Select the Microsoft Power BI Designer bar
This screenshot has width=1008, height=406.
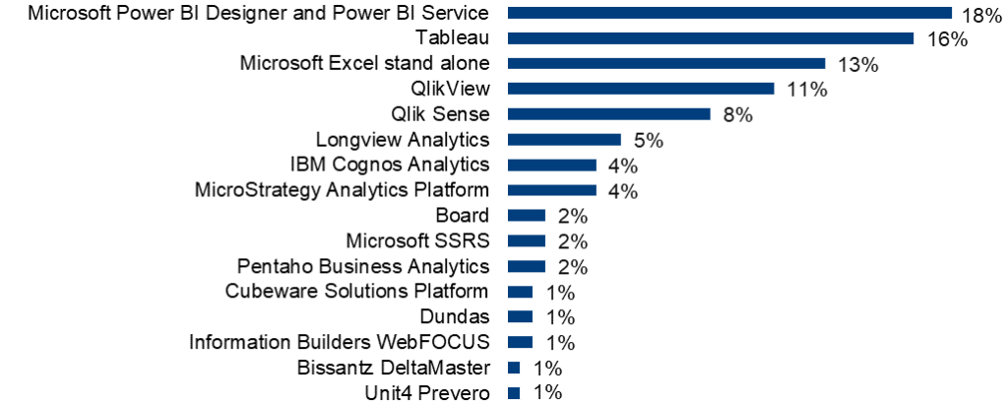click(x=729, y=13)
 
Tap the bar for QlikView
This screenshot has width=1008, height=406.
click(x=641, y=89)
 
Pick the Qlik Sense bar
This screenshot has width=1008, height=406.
click(x=608, y=114)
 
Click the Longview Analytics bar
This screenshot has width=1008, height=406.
click(x=564, y=140)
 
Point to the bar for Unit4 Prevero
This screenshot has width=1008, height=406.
click(x=513, y=393)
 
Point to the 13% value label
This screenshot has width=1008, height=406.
click(x=857, y=65)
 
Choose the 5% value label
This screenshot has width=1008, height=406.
click(x=649, y=141)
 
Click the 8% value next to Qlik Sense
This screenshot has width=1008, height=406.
click(x=737, y=115)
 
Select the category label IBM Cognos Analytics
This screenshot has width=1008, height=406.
click(x=390, y=164)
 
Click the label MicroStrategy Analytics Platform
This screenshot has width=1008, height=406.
click(x=342, y=189)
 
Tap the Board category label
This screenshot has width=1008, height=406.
click(x=462, y=215)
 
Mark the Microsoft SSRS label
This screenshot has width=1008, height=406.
click(x=417, y=240)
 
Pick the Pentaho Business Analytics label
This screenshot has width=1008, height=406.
click(x=363, y=266)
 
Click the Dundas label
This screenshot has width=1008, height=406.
click(x=456, y=316)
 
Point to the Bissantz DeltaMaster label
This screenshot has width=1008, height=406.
click(x=393, y=368)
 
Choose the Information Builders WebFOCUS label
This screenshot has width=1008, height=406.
click(x=339, y=342)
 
